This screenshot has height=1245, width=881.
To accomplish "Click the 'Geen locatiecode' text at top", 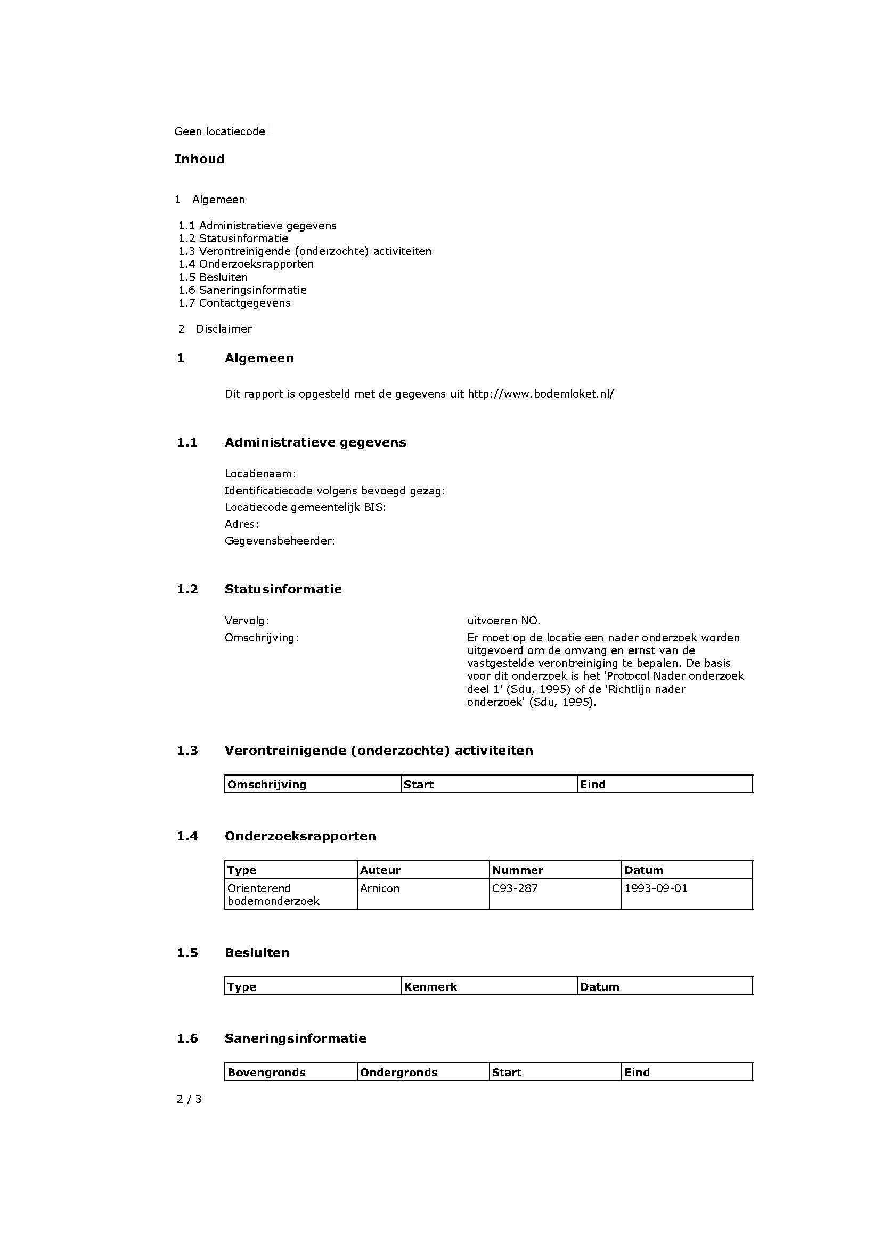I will click(219, 132).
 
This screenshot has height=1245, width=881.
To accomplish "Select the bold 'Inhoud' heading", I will click(199, 160).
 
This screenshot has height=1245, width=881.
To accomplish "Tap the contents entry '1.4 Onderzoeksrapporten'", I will click(246, 264).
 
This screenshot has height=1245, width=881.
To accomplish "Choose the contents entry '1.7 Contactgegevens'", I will click(234, 303).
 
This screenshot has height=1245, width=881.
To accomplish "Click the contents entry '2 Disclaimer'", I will click(215, 329).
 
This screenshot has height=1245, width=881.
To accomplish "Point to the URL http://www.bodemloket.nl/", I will click(540, 394).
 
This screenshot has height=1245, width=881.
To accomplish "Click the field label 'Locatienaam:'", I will click(260, 474).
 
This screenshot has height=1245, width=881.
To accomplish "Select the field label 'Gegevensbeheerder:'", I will click(280, 541).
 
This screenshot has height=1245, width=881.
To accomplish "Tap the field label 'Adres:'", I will click(241, 524).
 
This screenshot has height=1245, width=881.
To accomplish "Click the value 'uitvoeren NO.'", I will click(503, 621).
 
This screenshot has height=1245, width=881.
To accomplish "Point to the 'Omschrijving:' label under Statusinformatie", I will click(262, 638).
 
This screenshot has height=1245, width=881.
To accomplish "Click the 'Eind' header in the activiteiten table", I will click(592, 785).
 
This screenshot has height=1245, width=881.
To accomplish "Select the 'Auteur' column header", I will click(380, 870).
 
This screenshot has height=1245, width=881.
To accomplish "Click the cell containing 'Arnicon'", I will click(379, 888).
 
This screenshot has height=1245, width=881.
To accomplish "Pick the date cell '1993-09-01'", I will click(655, 888).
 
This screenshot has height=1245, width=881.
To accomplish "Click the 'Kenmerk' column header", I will click(430, 987).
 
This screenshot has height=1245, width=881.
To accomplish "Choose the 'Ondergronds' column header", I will click(398, 1073).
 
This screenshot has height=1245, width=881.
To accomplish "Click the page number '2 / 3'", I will click(189, 1099).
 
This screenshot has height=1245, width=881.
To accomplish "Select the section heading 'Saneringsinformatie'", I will click(295, 1038).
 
